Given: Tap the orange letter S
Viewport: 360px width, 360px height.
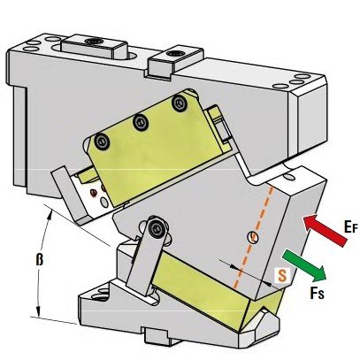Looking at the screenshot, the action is tap(282, 275).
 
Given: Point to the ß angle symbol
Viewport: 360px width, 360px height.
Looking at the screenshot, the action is tap(40, 260).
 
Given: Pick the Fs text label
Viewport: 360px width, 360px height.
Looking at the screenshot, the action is tap(317, 293).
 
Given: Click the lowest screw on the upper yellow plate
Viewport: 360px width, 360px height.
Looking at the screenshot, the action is tap(102, 142).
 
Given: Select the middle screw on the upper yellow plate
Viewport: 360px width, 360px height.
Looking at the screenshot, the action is tap(141, 122).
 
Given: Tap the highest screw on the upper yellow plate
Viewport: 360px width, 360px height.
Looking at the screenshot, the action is tap(180, 103).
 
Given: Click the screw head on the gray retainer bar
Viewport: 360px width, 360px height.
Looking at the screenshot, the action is tap(155, 227).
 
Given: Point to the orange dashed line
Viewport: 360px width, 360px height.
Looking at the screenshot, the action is tap(254, 237).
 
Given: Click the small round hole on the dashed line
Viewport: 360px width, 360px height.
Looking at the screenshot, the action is tap(253, 237).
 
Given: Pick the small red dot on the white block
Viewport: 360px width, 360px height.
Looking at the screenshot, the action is tap(93, 193).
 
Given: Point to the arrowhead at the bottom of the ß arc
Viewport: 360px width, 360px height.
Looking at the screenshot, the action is tap(38, 311).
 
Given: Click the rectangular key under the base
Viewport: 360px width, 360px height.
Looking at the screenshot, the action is tap(157, 336).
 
